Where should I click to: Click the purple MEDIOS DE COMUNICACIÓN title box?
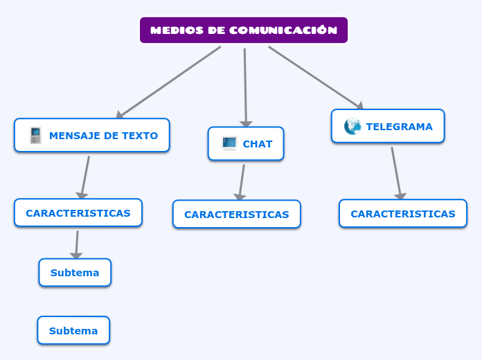[243, 30]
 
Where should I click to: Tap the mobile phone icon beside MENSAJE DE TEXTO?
[35, 136]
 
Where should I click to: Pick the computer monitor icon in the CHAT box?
[229, 143]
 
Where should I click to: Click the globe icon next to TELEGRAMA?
[352, 126]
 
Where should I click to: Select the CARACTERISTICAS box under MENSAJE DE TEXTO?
[78, 213]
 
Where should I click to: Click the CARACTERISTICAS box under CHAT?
[237, 215]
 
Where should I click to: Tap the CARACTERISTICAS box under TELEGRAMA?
[403, 214]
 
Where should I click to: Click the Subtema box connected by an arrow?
[75, 273]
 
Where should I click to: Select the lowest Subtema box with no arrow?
[73, 331]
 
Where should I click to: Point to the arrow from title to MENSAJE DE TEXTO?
[168, 82]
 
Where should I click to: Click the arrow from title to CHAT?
[245, 87]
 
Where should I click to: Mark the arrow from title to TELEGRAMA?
[315, 78]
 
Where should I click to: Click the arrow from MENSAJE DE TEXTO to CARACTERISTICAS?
[85, 177]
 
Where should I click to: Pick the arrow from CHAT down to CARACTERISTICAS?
[242, 181]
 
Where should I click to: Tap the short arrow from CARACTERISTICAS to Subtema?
[77, 244]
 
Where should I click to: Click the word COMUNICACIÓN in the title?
[283, 30]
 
